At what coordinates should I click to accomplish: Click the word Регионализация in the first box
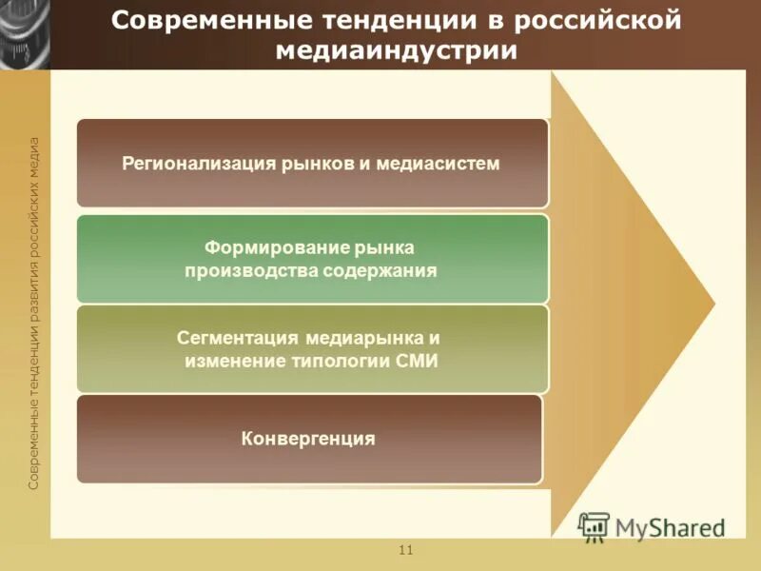pos(198,163)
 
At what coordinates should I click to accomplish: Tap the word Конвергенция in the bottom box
pos(308,439)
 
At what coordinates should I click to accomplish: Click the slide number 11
pos(406,551)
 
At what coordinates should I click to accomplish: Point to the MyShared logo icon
pos(594,526)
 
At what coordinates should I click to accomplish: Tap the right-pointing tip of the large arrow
pos(712,305)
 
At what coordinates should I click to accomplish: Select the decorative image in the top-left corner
pos(25,34)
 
